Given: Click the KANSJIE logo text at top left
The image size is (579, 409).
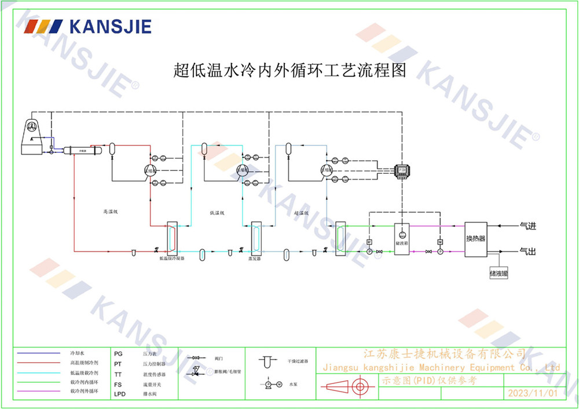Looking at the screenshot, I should tap(109, 26).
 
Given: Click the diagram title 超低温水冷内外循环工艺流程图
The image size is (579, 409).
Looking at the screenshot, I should tap(290, 71).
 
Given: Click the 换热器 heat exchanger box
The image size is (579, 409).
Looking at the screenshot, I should tap(475, 238).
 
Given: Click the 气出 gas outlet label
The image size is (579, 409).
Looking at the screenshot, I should tap(528, 252).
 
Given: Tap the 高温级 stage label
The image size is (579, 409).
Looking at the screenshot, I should tap(110, 212).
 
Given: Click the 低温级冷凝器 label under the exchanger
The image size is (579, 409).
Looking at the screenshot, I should tap(171, 259).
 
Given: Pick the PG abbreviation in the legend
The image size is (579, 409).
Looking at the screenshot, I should tap(119, 353).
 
